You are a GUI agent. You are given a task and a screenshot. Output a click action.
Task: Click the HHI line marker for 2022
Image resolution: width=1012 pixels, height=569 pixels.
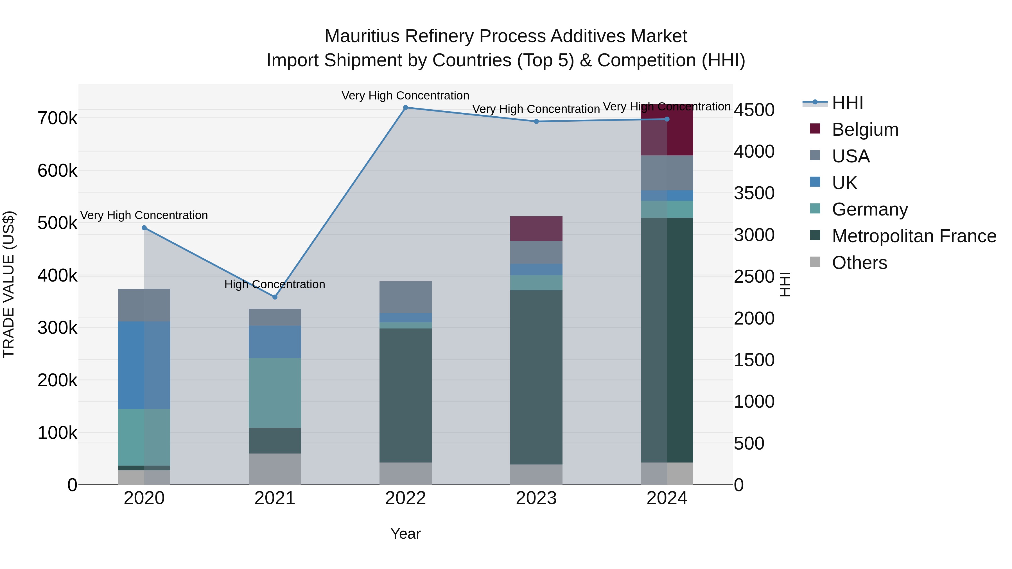tap(405, 107)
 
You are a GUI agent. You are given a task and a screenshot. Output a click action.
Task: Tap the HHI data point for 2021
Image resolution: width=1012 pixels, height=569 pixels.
tap(275, 297)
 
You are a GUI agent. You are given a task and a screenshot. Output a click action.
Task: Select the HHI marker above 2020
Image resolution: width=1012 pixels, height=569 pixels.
tap(144, 228)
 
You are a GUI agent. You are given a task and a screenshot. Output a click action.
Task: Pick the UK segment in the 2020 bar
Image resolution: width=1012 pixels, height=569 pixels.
tap(144, 365)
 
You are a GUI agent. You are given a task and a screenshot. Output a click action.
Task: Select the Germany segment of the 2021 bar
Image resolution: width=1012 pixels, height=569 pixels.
tap(275, 393)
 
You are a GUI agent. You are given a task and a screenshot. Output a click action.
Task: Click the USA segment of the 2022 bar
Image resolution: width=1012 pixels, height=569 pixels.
tap(405, 297)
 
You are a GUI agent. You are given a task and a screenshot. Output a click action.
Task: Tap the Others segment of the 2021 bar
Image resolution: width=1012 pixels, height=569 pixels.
tap(275, 469)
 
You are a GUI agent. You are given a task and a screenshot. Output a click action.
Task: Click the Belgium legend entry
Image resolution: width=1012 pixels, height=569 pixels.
tap(864, 130)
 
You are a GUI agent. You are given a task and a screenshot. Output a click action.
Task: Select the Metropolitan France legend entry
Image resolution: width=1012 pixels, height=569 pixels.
tap(913, 236)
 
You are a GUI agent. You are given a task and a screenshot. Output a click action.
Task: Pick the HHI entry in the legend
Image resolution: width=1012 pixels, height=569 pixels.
tap(847, 103)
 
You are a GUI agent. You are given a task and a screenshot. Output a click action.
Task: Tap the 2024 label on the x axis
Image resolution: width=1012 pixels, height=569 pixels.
tap(667, 498)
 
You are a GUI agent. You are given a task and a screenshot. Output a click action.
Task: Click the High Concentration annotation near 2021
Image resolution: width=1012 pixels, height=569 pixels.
tap(275, 284)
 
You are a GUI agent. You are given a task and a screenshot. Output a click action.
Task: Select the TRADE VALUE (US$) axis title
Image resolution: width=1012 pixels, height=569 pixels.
tap(9, 284)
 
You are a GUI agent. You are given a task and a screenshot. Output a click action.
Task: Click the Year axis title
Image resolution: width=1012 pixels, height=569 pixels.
tap(405, 534)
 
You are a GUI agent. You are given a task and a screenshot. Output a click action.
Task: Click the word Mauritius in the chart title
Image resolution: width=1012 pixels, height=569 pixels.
tap(362, 36)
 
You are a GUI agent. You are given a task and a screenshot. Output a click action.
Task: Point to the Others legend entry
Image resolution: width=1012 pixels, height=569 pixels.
tap(859, 263)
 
